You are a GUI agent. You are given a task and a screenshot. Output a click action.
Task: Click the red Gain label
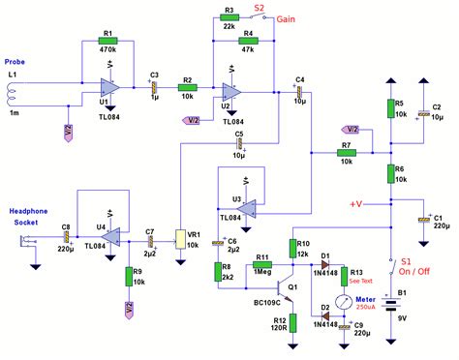[287, 19]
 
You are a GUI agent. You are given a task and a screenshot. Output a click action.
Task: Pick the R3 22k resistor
[229, 19]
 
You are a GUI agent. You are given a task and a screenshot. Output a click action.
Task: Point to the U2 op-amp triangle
[232, 93]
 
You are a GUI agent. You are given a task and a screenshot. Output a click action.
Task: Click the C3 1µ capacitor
[154, 86]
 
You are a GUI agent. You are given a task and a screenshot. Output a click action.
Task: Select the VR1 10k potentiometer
[181, 236]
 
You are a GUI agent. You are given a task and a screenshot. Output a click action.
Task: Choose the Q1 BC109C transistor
[290, 288]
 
